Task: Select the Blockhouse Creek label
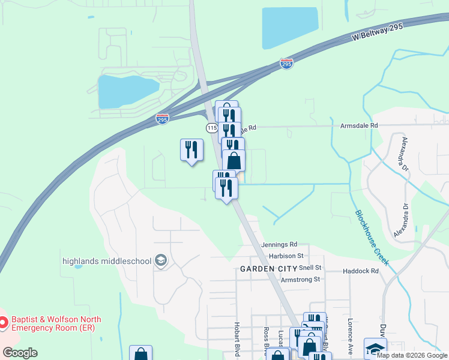(x=372, y=238)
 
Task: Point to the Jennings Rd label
(x=280, y=245)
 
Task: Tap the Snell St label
(x=310, y=267)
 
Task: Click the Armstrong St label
(x=301, y=279)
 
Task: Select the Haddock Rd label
(x=361, y=271)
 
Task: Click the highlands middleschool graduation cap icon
(x=161, y=260)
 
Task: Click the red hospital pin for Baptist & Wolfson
(x=4, y=323)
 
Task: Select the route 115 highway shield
(x=211, y=128)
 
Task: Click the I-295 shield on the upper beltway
(x=286, y=63)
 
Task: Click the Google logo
(x=20, y=353)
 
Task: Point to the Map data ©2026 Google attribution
(x=412, y=355)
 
